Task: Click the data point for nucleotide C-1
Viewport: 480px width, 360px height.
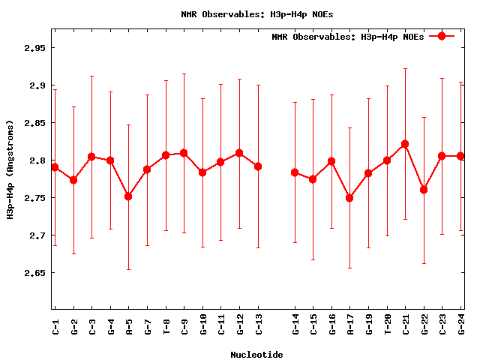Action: [55, 167]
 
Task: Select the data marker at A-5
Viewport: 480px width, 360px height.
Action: [128, 196]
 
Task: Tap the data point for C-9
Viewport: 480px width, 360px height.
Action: [184, 153]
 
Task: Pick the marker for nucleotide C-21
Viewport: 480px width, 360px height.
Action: [405, 144]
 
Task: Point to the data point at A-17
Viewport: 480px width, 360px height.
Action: [349, 198]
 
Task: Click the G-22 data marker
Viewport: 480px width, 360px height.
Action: [424, 190]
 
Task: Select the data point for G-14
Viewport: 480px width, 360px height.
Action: [295, 172]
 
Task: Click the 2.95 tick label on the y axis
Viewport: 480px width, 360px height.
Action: [34, 48]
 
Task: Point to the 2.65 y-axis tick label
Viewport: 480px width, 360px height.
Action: [34, 273]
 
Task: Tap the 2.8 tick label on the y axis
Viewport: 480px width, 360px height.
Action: [37, 160]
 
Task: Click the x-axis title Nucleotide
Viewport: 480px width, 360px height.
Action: [256, 354]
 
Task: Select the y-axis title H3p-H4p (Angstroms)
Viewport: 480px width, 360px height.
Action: [10, 169]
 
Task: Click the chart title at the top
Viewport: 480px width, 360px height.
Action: [256, 13]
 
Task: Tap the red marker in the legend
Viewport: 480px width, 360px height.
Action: [442, 36]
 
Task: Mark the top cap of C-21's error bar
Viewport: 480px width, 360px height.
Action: [405, 68]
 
